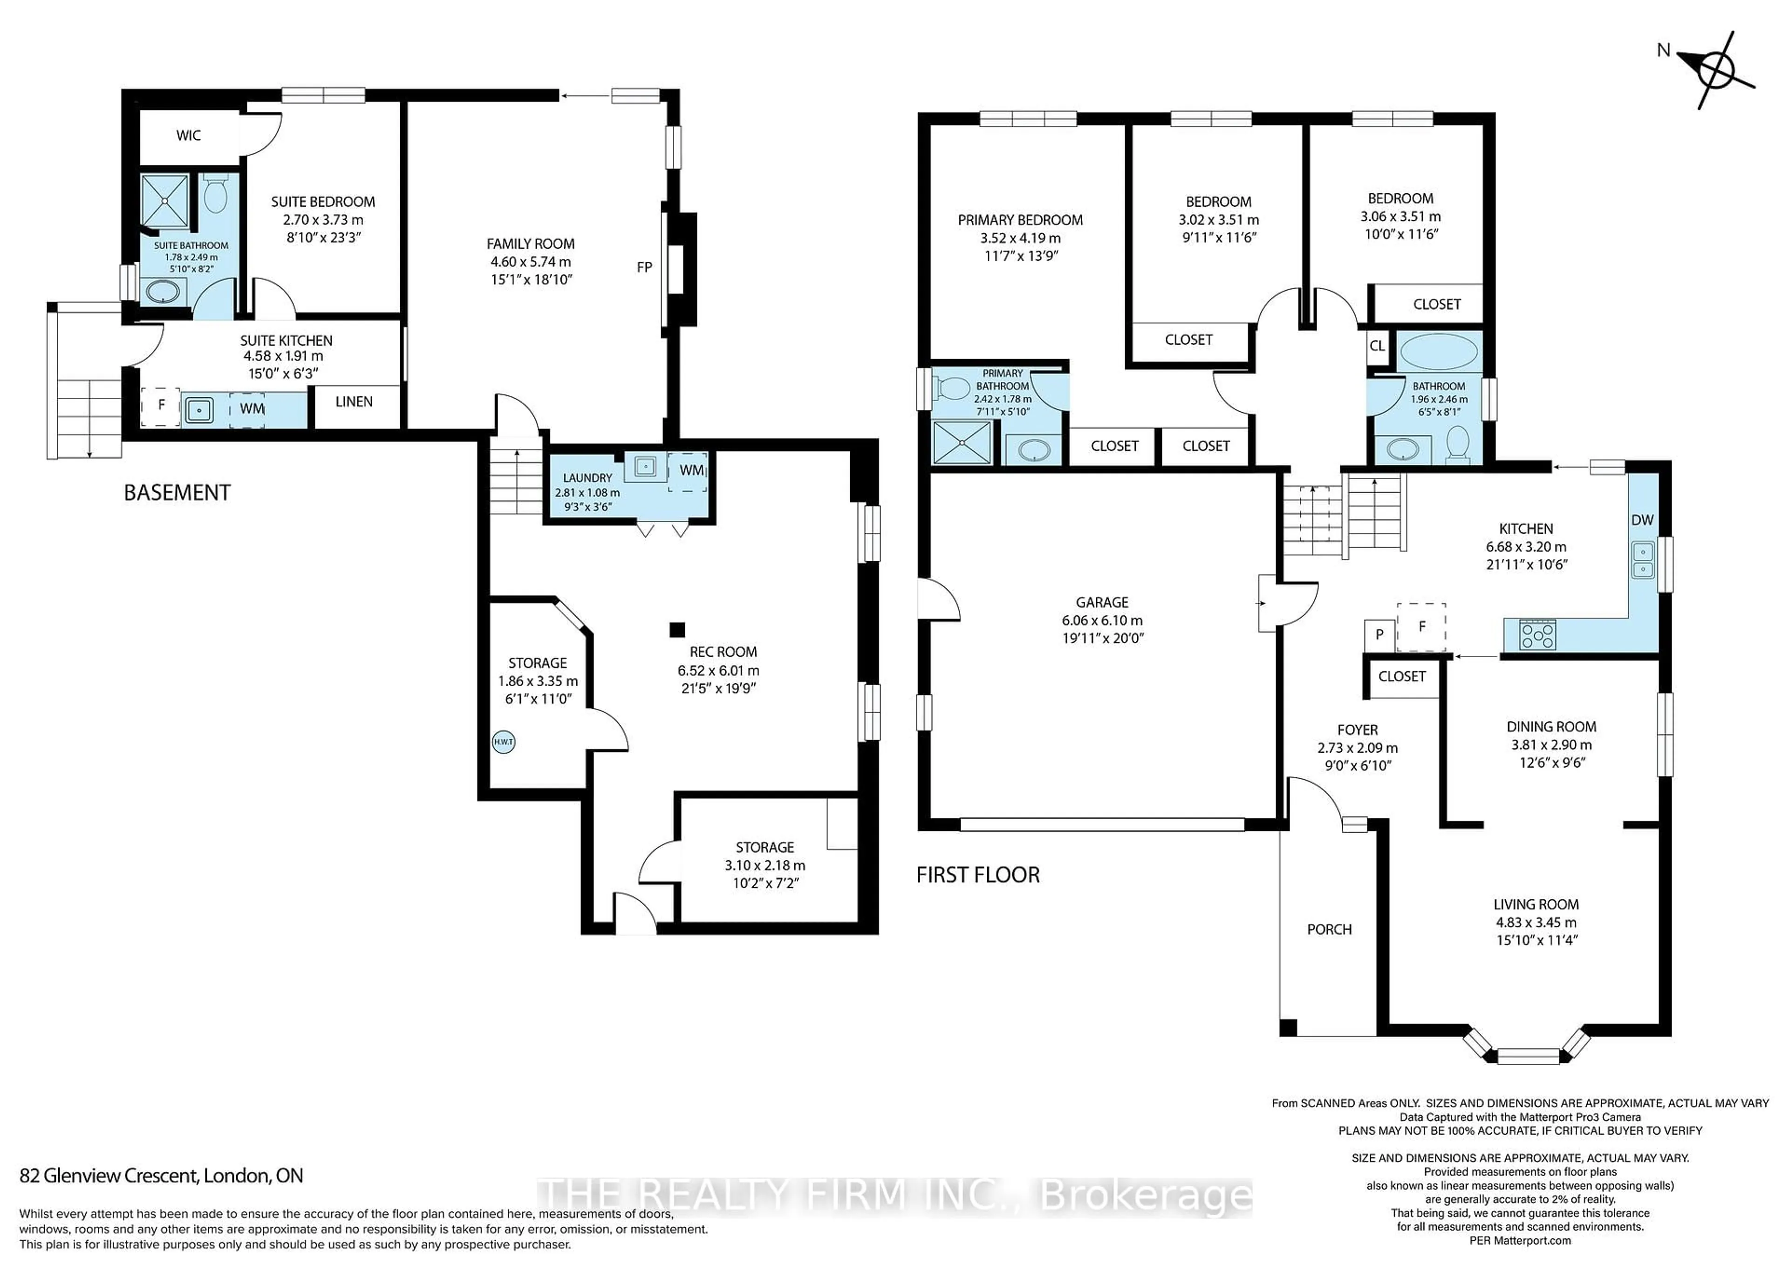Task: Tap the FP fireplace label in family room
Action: (644, 267)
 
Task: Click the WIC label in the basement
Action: (189, 136)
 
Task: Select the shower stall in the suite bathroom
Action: (164, 200)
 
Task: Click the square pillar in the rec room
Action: (677, 629)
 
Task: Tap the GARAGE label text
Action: (1102, 602)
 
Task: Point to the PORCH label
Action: (1329, 929)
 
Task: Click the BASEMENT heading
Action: (177, 493)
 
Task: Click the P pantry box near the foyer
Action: (1379, 635)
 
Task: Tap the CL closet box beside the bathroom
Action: (1378, 345)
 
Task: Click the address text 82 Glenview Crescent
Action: (161, 1176)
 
